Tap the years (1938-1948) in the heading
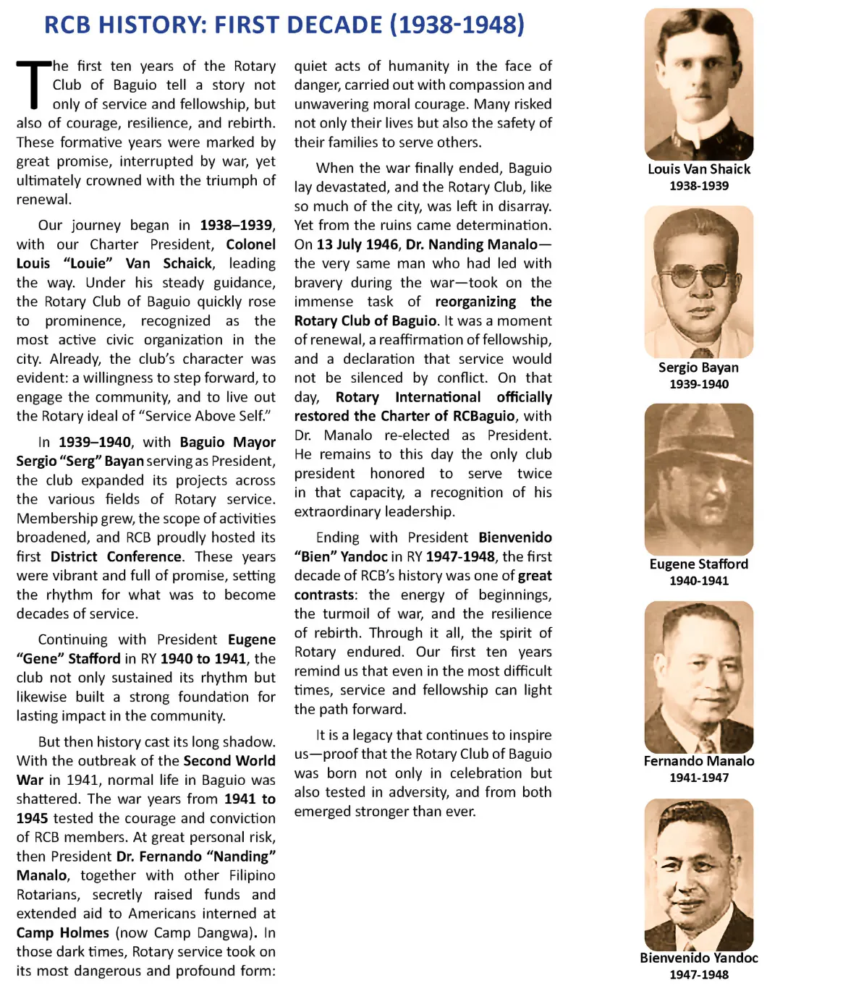click(x=457, y=25)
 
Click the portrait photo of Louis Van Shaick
click(x=698, y=84)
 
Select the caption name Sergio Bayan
click(x=698, y=367)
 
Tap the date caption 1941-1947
click(x=698, y=778)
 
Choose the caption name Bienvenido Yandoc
click(x=698, y=958)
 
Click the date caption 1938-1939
click(x=698, y=186)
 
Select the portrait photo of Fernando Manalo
click(x=698, y=677)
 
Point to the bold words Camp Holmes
click(x=63, y=933)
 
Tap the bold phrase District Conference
click(x=116, y=557)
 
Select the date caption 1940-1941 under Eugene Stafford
click(x=698, y=581)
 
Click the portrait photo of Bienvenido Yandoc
click(x=698, y=875)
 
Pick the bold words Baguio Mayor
click(x=227, y=442)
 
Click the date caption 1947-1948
click(x=698, y=975)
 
